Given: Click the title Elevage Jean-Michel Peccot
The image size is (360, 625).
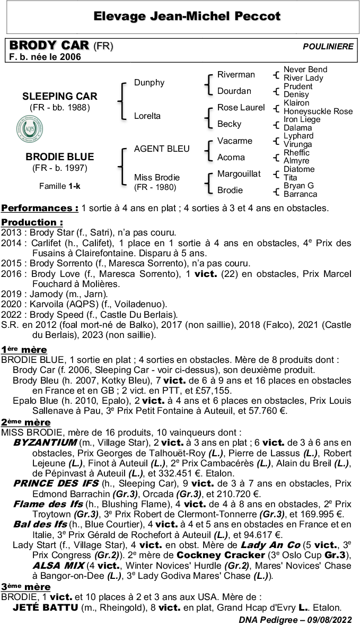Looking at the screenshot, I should (187, 16).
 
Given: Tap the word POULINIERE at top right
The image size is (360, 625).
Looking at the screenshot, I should (328, 47).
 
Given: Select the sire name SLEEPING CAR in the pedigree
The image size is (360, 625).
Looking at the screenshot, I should (60, 97).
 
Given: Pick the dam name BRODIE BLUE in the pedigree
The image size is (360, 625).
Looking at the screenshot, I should (60, 157).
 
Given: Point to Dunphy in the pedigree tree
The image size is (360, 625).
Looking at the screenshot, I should (149, 83).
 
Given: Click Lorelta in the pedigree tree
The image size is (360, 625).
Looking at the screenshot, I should (147, 116).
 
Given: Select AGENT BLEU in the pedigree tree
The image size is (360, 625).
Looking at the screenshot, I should (162, 149).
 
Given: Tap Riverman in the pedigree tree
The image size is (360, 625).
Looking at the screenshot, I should (236, 75).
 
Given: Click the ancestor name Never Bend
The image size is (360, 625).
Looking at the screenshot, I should (305, 70).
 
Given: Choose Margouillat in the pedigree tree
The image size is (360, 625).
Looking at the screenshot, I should (239, 173).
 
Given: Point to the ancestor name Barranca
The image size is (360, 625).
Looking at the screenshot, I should (301, 194).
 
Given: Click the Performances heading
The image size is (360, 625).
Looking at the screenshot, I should (40, 208).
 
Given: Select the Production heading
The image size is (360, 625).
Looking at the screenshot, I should (32, 222).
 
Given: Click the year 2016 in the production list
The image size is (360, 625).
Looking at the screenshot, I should (12, 274).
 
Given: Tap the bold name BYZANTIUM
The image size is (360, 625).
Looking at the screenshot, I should (45, 442).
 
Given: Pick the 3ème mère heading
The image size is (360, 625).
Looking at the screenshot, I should (26, 587).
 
